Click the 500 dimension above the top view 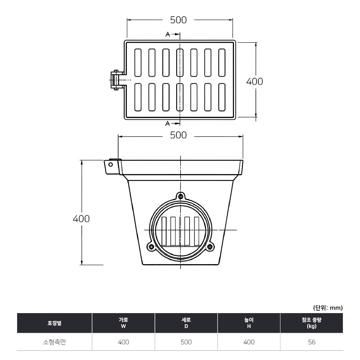178,20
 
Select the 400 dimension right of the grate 255,82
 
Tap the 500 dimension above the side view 178,135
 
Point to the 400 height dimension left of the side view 81,219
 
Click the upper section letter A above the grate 168,34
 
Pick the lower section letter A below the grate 167,123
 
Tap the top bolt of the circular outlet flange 181,196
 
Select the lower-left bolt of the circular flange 151,247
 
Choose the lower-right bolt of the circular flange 210,247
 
